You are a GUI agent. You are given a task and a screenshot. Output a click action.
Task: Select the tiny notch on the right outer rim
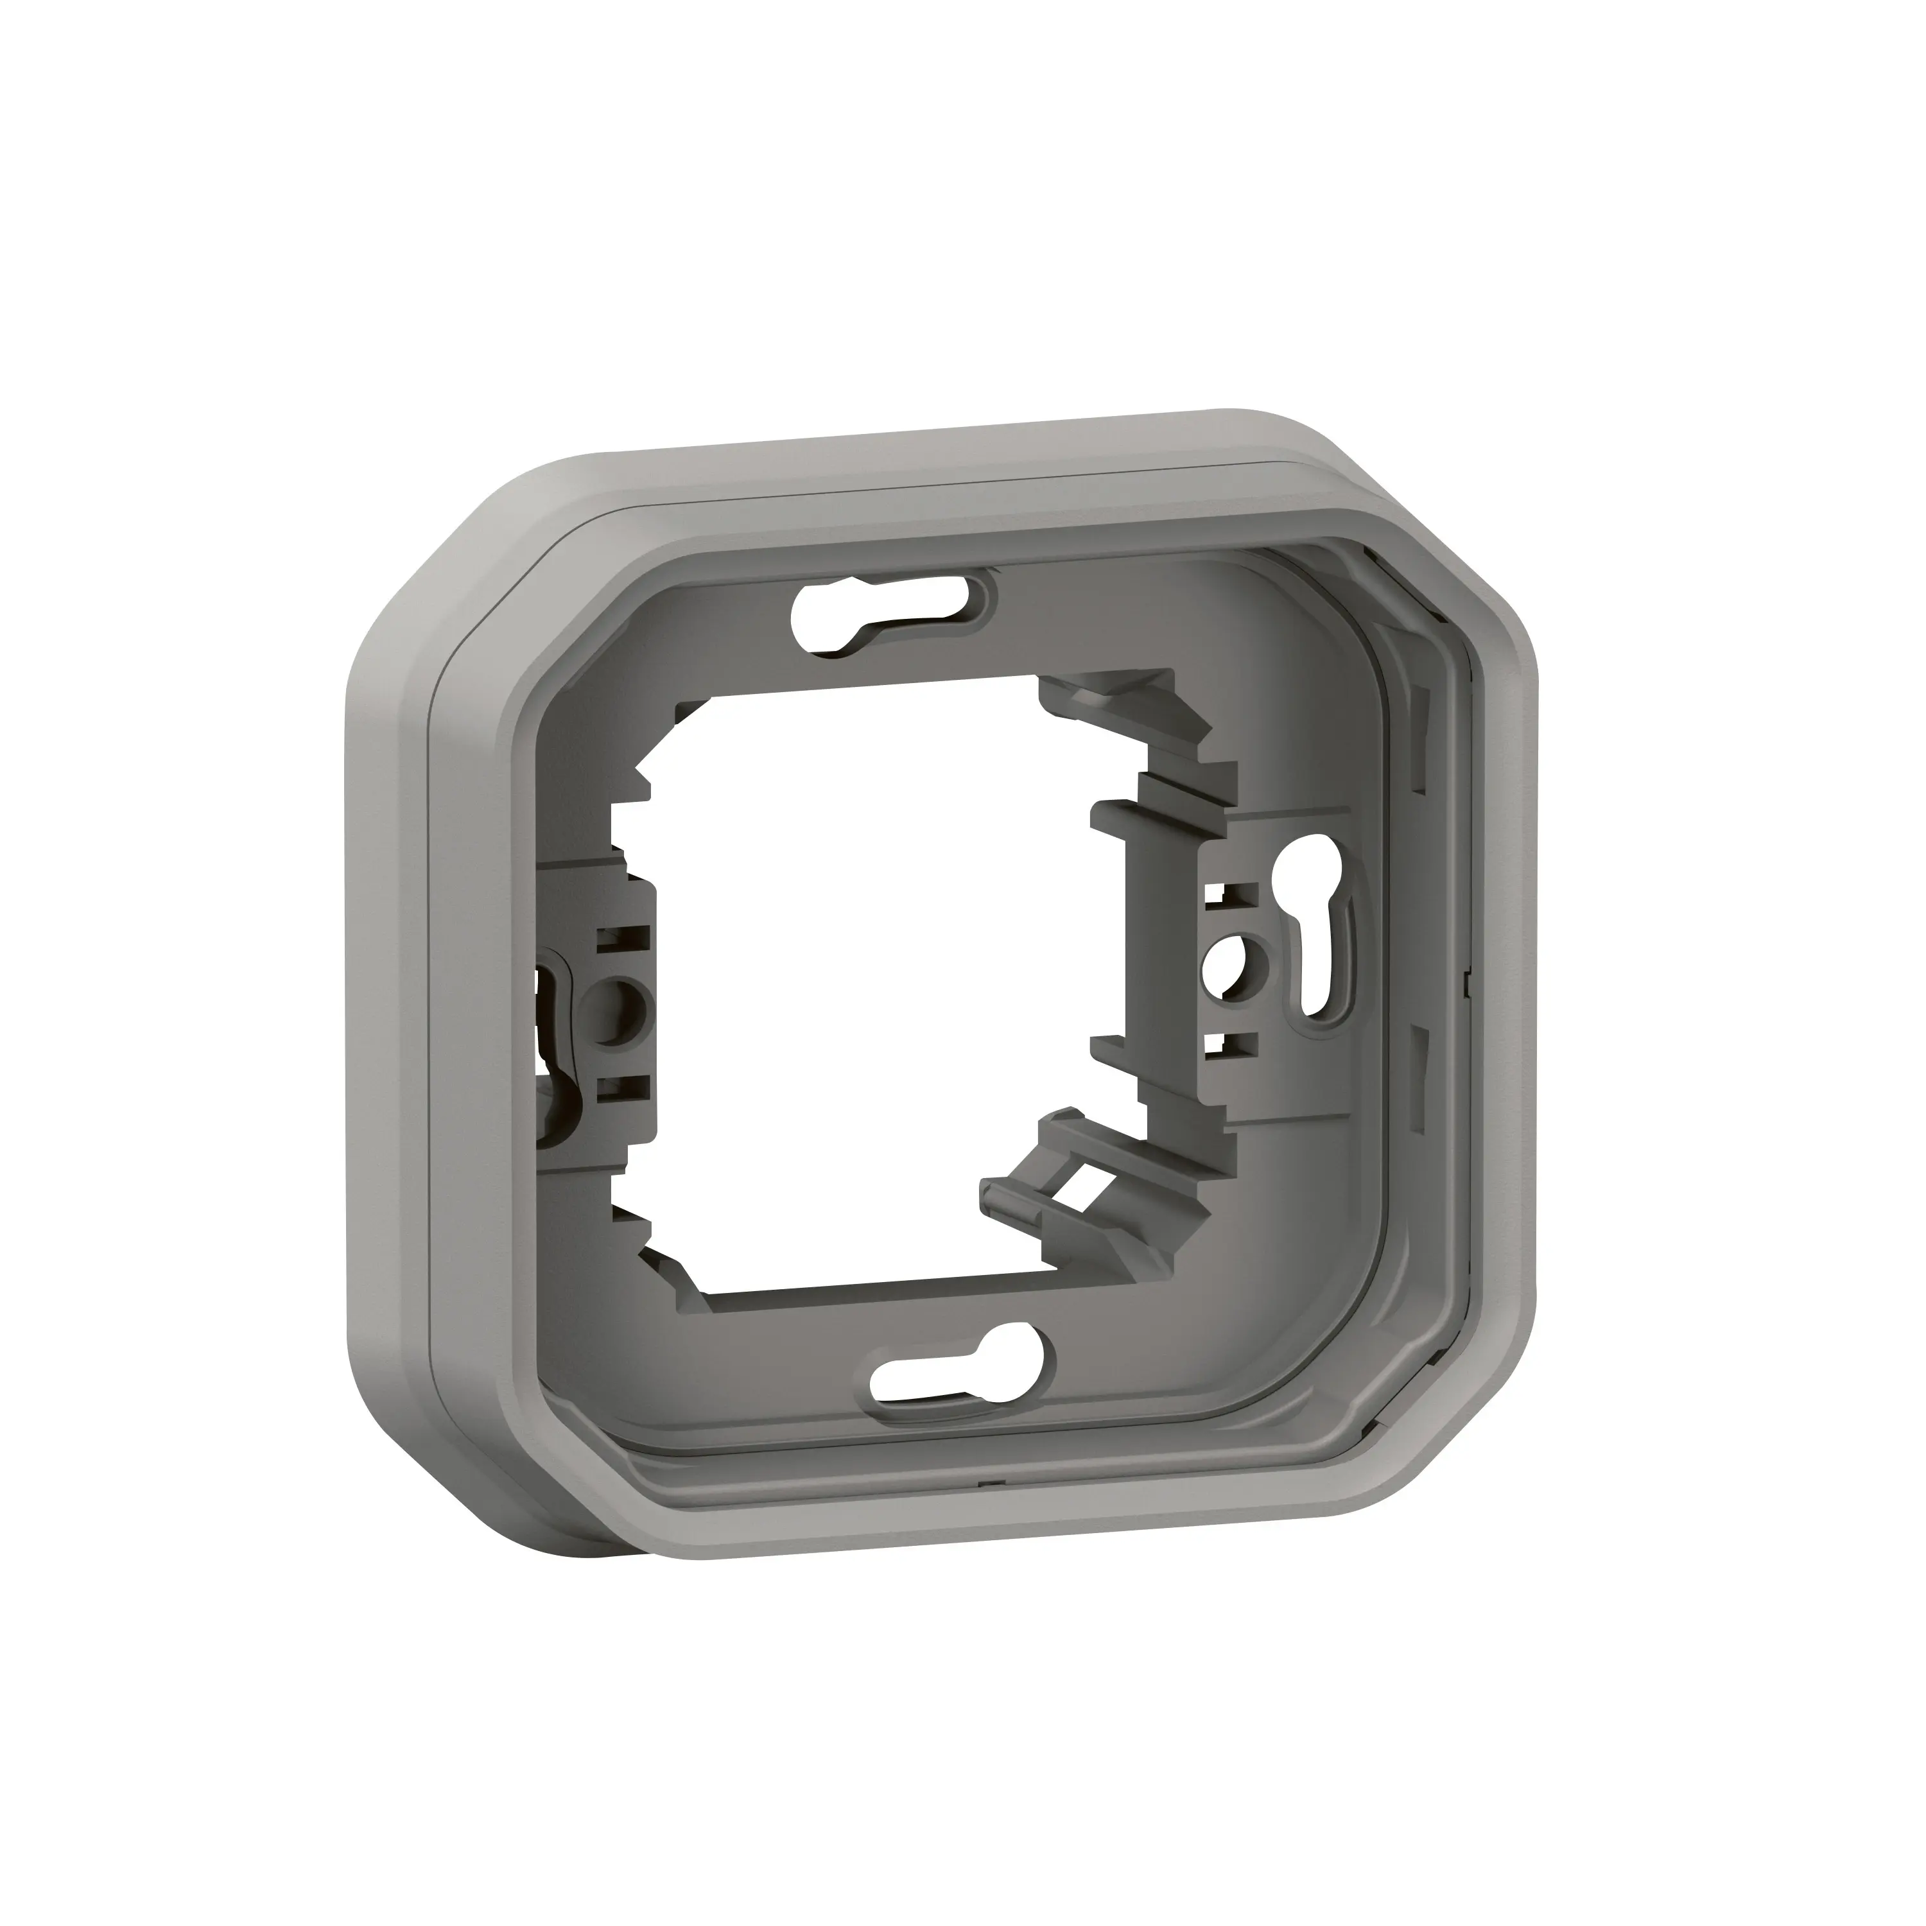(1468, 982)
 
